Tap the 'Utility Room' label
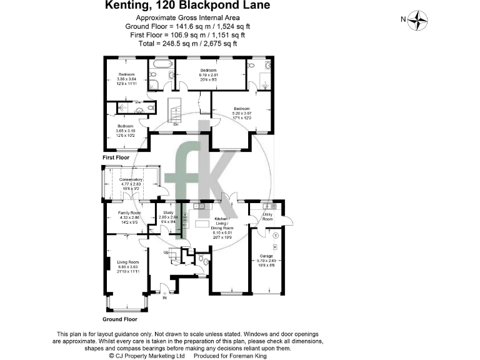267,217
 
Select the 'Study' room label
168,212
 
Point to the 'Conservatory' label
131,179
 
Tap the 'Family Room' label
129,213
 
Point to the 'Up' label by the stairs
166,252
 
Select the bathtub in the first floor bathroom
161,64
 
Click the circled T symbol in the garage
275,235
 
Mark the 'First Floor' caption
117,157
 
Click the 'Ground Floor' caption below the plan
119,319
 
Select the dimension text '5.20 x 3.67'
242,113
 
